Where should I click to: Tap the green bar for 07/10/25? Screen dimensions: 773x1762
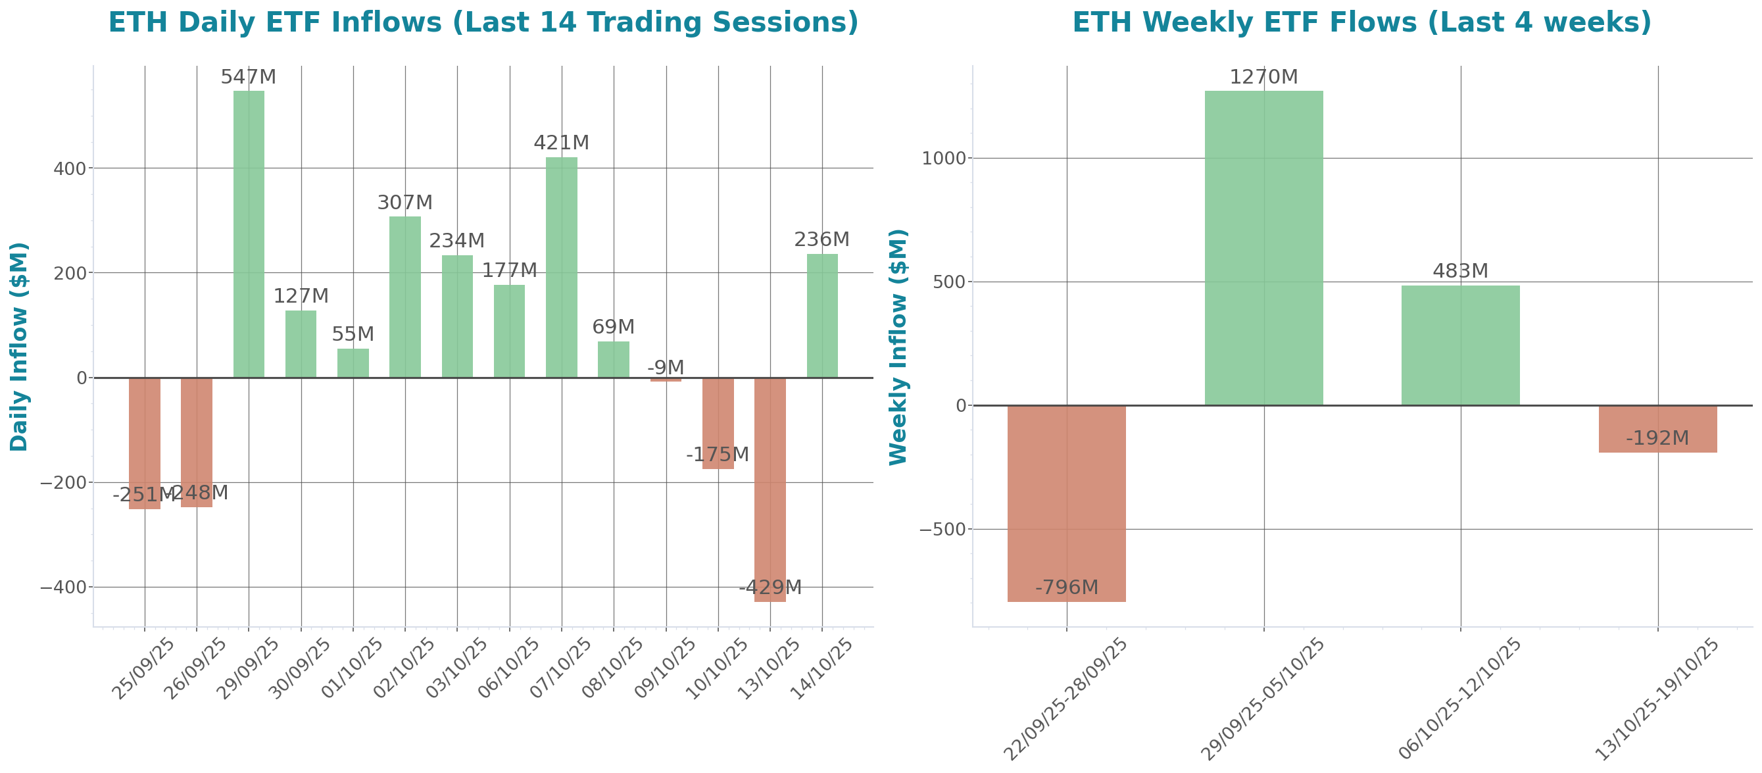pos(562,268)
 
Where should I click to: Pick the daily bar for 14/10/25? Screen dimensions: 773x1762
pos(822,315)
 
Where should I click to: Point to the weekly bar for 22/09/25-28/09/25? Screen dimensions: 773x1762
pos(1066,503)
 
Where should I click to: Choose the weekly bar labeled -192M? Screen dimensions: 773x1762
pos(1657,429)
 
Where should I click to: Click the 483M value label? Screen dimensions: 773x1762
pos(1460,271)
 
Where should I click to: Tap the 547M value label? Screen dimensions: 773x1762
pos(249,78)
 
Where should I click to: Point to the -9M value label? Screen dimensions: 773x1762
pos(666,367)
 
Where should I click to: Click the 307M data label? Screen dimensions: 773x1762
pos(405,203)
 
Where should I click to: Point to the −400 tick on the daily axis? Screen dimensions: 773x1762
pos(64,587)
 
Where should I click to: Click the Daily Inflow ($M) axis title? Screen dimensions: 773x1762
pos(19,346)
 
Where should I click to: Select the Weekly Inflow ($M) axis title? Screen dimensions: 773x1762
pos(897,346)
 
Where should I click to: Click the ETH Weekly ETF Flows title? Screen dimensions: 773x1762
pos(1361,22)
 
